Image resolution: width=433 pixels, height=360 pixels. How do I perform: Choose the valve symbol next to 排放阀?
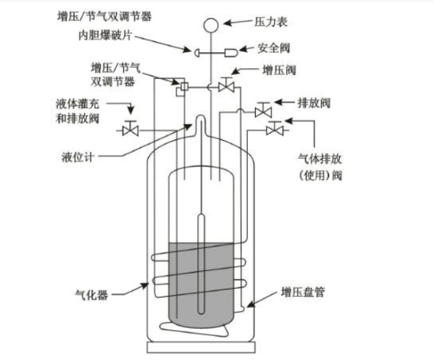pos(262,110)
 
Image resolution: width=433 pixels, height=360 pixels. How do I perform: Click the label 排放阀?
pos(316,102)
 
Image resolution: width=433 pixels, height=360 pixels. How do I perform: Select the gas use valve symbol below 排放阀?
pos(274,129)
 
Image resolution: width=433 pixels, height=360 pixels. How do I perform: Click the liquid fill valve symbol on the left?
pos(130,129)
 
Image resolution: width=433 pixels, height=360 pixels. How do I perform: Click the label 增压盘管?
pos(303,292)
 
